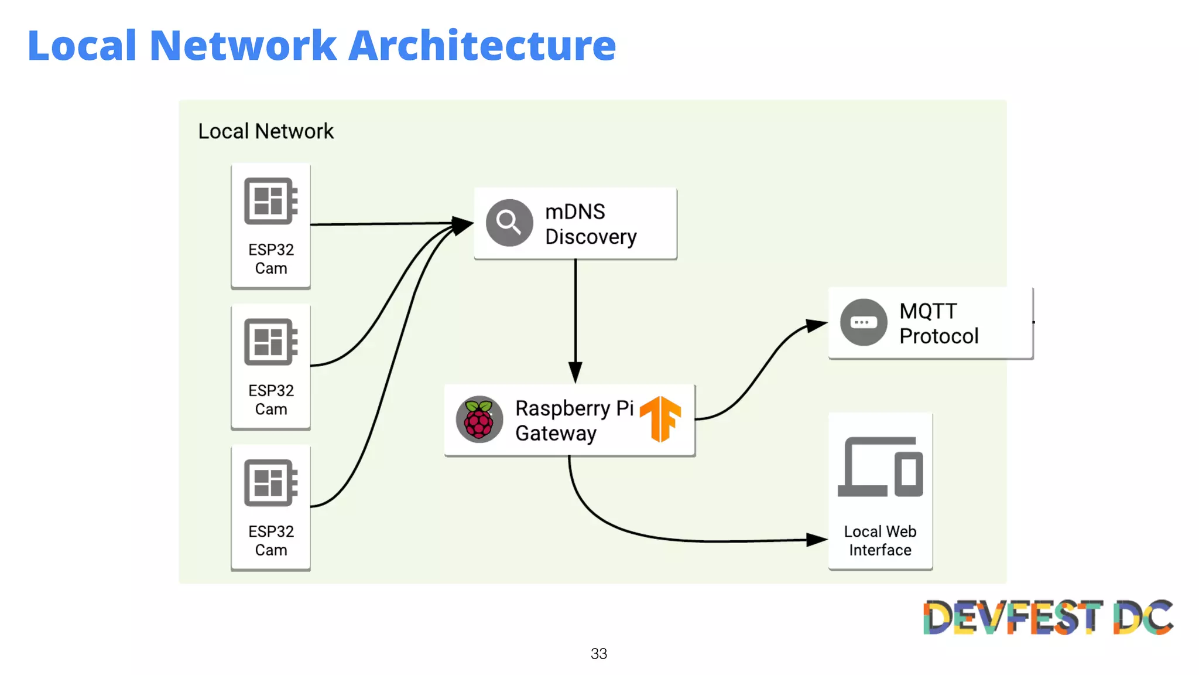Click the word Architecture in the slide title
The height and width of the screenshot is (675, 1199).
click(x=482, y=46)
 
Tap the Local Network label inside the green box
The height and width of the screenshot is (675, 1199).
click(x=265, y=131)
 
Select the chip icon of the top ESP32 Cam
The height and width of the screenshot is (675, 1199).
click(x=270, y=201)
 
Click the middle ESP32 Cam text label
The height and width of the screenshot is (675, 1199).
click(x=271, y=400)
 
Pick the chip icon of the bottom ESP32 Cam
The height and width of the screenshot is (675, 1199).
click(x=270, y=483)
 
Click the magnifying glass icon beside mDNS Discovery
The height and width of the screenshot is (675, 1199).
click(x=509, y=223)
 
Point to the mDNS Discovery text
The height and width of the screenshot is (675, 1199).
click(x=590, y=224)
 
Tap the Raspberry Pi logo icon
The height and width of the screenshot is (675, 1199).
click(x=479, y=420)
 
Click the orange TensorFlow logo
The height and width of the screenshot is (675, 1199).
click(x=660, y=418)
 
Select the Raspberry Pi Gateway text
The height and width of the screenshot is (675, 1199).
click(x=574, y=420)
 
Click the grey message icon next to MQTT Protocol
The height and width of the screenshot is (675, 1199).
click(x=864, y=322)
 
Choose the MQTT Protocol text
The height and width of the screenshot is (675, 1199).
click(x=938, y=323)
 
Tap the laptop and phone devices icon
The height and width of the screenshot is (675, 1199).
click(x=880, y=467)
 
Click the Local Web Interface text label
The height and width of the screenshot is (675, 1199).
click(x=880, y=540)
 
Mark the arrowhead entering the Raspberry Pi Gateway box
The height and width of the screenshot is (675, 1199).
click(x=575, y=373)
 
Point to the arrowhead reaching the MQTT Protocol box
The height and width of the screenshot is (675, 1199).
click(x=816, y=325)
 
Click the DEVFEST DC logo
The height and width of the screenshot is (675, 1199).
click(x=1048, y=617)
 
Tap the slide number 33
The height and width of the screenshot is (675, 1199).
click(x=598, y=653)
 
